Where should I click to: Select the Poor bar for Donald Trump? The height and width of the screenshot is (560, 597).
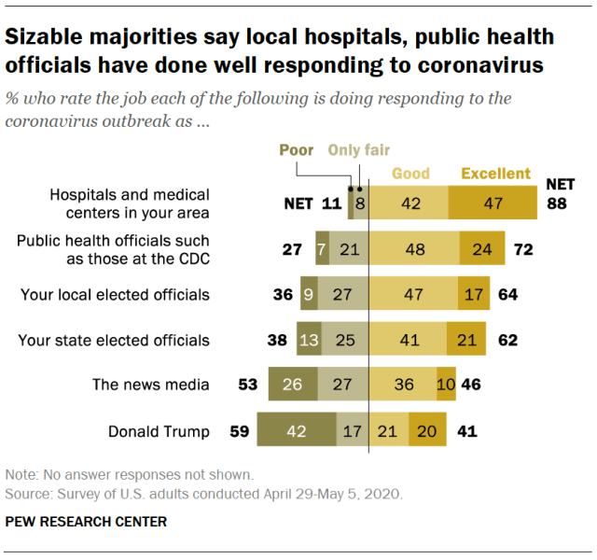pyautogui.click(x=297, y=431)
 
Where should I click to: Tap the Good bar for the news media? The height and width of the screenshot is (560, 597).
pyautogui.click(x=402, y=384)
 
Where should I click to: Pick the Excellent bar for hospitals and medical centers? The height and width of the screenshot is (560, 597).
pyautogui.click(x=492, y=203)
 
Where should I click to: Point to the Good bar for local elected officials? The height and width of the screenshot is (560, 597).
pyautogui.click(x=413, y=296)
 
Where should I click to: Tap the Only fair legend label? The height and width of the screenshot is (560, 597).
pyautogui.click(x=358, y=150)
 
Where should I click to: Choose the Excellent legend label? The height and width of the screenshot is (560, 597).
pyautogui.click(x=496, y=174)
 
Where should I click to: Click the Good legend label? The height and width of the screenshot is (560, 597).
pyautogui.click(x=410, y=174)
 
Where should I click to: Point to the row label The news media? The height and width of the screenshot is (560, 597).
pyautogui.click(x=150, y=384)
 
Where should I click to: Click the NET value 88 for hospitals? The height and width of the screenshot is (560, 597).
pyautogui.click(x=557, y=203)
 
